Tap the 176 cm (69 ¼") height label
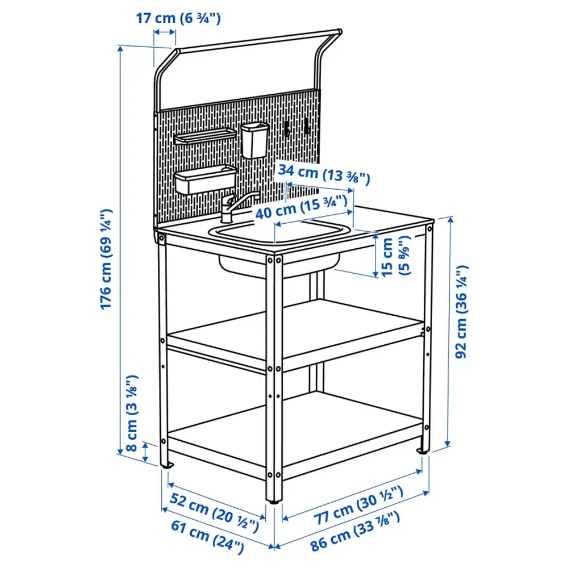pos(107,260)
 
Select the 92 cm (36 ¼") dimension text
pos(463,310)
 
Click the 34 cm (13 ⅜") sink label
pos(323,175)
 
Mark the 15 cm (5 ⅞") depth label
pos(393,256)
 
